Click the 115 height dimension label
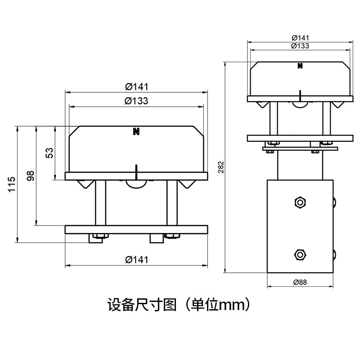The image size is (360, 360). pos(12,184)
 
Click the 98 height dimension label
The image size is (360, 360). pos(31,175)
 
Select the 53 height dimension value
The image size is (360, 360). pos(49,153)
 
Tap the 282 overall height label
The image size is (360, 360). pos(220,167)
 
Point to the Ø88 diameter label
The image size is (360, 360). pos(300,282)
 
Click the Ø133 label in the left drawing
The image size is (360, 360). pos(136,101)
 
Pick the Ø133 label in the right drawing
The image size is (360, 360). pos(300,46)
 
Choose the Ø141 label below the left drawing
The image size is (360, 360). pos(137,260)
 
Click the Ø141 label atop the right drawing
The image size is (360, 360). pos(300,38)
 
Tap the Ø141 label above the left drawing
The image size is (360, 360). pos(137,86)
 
